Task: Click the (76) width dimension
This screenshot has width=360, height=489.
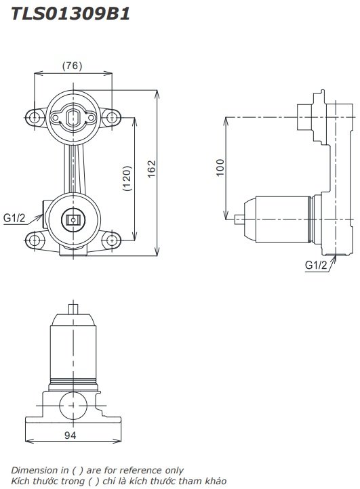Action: tap(72, 66)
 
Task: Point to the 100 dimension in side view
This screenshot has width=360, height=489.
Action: tap(219, 168)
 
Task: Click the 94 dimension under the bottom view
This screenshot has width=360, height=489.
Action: tap(71, 435)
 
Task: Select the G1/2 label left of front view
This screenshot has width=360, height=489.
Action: tap(14, 218)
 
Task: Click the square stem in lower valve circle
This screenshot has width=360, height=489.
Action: tap(73, 219)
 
